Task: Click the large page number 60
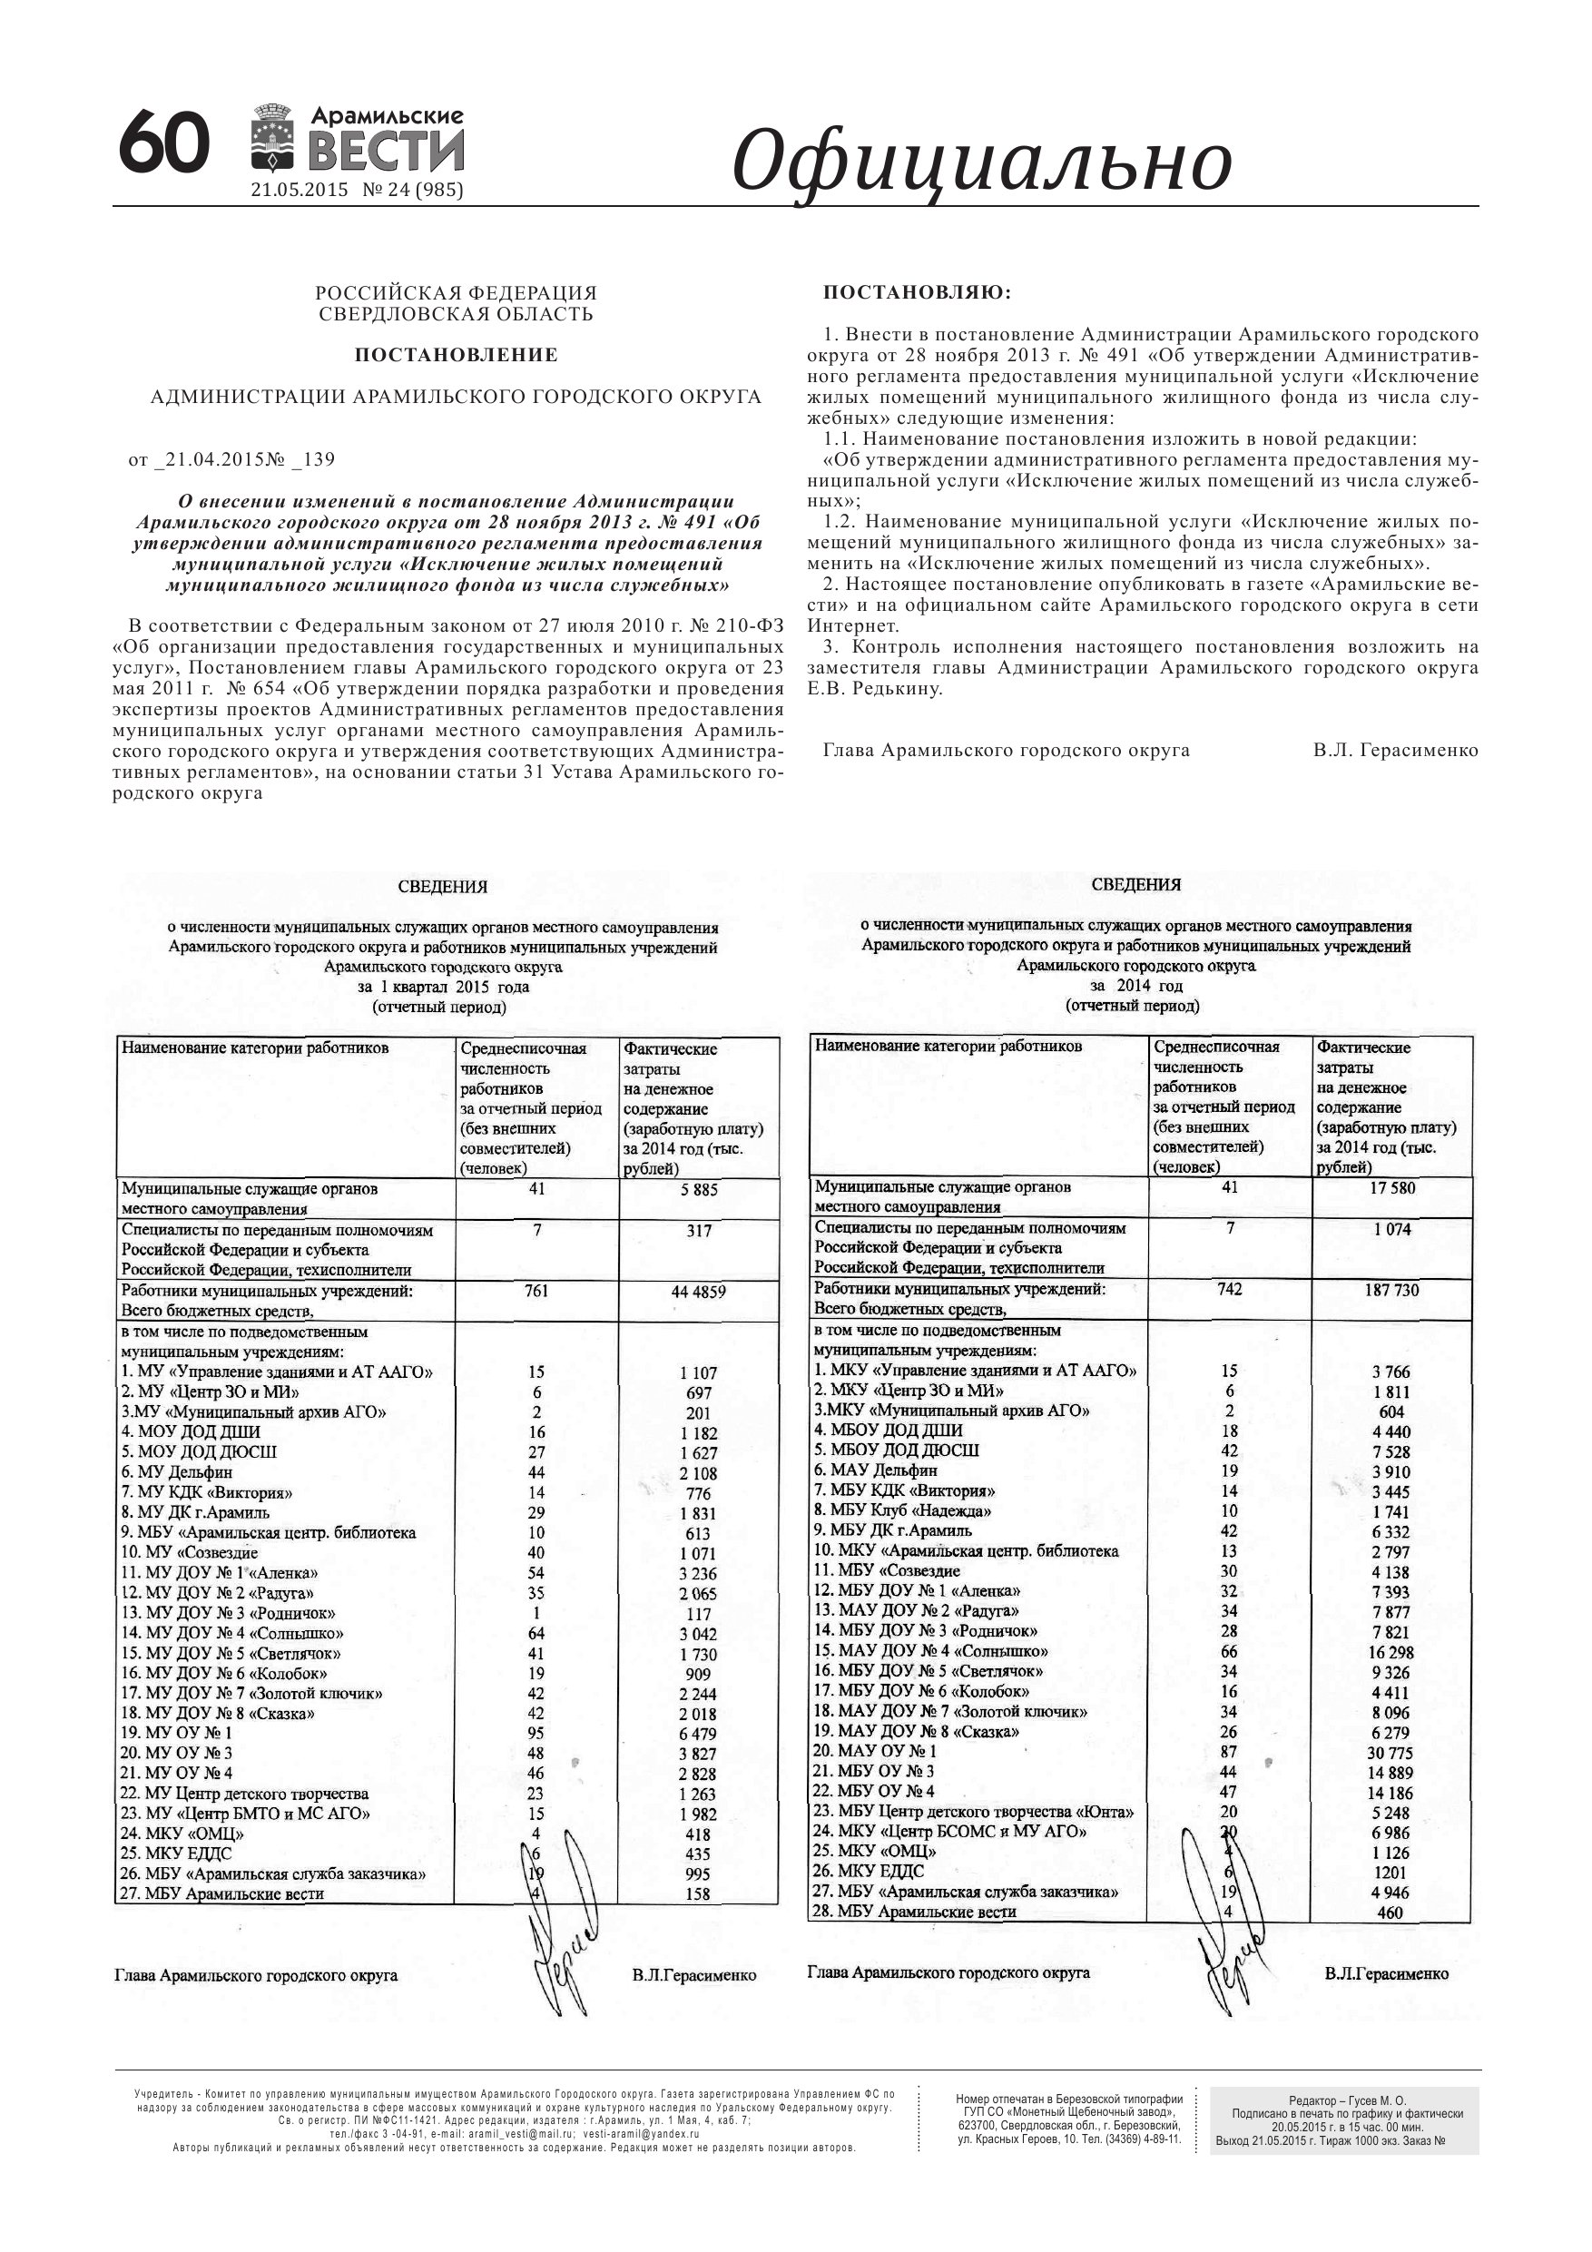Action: (x=163, y=143)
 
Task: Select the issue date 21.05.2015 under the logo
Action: (x=300, y=191)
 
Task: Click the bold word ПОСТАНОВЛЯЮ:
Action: (x=917, y=292)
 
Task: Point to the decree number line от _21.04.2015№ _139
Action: (x=231, y=459)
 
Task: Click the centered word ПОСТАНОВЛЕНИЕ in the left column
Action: (x=457, y=354)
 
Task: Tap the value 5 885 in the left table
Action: (x=698, y=1190)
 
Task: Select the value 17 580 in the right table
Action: (x=1391, y=1188)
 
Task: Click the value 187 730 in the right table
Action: (x=1391, y=1290)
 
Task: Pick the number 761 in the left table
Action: (x=536, y=1291)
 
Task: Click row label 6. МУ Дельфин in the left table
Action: (x=178, y=1472)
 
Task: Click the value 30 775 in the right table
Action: (x=1391, y=1752)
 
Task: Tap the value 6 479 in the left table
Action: (x=697, y=1734)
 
